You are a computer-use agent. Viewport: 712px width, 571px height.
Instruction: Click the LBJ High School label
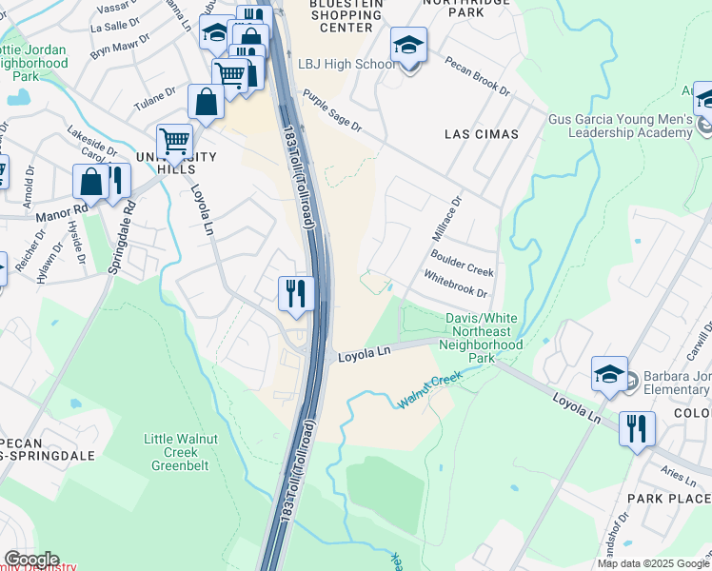click(x=346, y=64)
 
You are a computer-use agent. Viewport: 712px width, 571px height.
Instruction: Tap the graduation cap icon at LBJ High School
click(x=408, y=46)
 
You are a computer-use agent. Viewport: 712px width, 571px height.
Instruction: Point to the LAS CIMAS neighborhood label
click(x=482, y=134)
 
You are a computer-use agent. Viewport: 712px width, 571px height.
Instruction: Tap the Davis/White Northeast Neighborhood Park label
click(x=484, y=338)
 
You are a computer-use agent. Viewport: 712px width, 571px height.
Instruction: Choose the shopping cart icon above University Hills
click(x=174, y=142)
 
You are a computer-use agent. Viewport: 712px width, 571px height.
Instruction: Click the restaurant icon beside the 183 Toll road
click(x=296, y=293)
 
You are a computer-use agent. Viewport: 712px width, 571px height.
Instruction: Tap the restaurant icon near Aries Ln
click(x=637, y=427)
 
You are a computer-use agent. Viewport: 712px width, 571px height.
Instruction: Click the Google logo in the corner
click(x=30, y=560)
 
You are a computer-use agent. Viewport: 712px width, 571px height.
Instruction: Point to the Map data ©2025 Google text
click(x=652, y=563)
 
